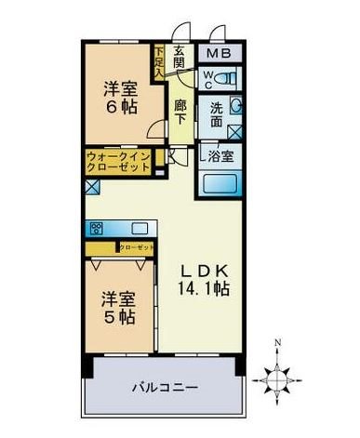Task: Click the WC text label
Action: (208, 76)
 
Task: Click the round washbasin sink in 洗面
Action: (234, 105)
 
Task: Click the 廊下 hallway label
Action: (181, 113)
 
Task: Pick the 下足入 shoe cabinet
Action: (159, 61)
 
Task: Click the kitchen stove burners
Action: (97, 227)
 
